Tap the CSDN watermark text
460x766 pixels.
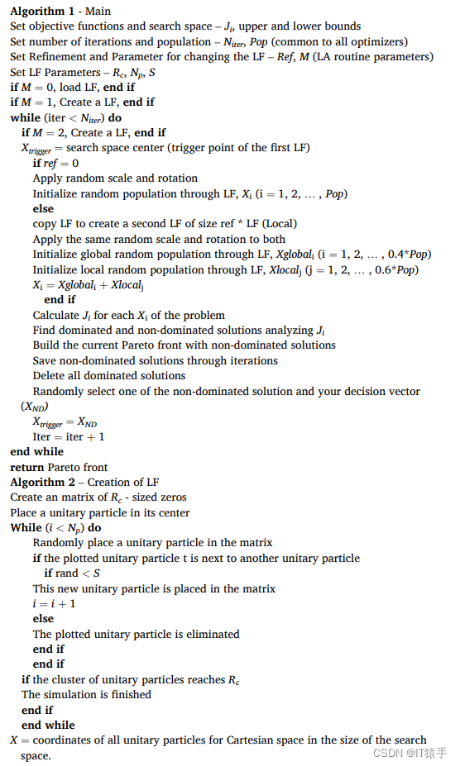pyautogui.click(x=410, y=753)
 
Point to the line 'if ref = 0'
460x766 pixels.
pyautogui.click(x=56, y=163)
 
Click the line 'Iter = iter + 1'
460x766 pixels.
pyautogui.click(x=69, y=436)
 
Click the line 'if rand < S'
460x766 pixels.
pyautogui.click(x=73, y=573)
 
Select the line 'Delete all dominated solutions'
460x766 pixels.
pyautogui.click(x=109, y=376)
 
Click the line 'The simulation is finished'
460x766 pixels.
pyautogui.click(x=86, y=695)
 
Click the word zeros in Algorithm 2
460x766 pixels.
pyautogui.click(x=170, y=497)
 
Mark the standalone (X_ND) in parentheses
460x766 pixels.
pyautogui.click(x=35, y=407)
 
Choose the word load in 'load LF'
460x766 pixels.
pyautogui.click(x=71, y=87)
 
